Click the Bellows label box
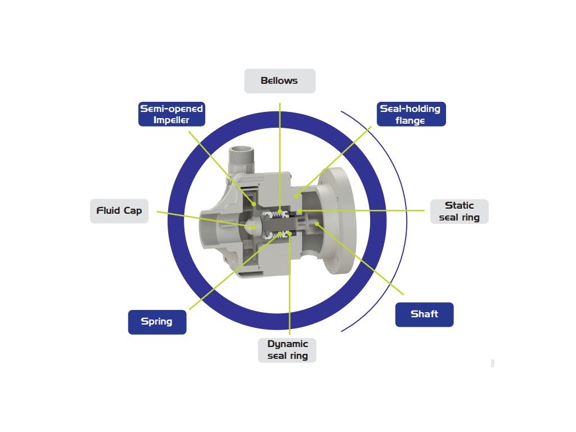[x=280, y=81]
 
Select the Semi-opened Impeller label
[x=171, y=114]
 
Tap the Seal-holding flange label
[x=410, y=114]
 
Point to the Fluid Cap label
[x=119, y=211]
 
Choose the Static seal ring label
[x=459, y=211]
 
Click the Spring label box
[x=156, y=322]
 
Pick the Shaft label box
[x=424, y=314]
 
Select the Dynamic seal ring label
[x=287, y=350]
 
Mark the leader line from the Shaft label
[x=366, y=262]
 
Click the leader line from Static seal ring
[x=366, y=210]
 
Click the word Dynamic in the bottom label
[x=287, y=344]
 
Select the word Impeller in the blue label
[x=171, y=119]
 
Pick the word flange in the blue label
[x=410, y=120]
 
